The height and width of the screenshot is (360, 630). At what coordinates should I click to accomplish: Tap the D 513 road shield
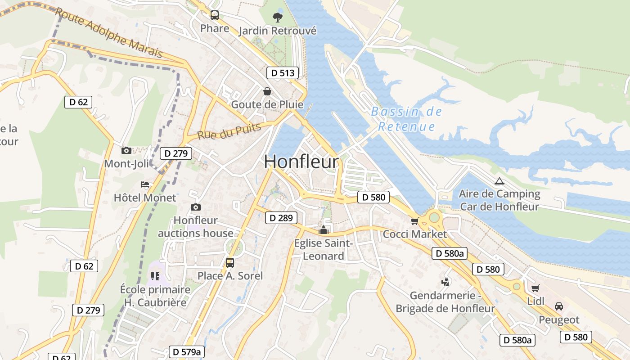pos(283,73)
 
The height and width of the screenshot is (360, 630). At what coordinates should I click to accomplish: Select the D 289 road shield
pos(281,218)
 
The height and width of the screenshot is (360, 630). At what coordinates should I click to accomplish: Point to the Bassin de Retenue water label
pos(406,119)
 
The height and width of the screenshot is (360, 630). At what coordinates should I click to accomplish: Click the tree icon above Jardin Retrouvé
pos(278,18)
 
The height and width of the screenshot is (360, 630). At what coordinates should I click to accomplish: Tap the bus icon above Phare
pos(215,15)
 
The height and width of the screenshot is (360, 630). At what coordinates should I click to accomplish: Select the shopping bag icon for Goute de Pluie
pos(267,91)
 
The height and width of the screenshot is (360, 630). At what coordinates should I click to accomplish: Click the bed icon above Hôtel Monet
pos(145,184)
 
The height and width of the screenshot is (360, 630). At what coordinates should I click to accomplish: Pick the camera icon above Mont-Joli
pos(126,150)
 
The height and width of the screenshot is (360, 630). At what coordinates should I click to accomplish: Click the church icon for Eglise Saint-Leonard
pos(323,230)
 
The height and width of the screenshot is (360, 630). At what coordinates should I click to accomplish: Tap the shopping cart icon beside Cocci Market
pos(414,221)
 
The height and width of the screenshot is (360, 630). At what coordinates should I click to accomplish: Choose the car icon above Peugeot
pos(559,306)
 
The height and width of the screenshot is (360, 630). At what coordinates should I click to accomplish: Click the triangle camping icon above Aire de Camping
pos(499,181)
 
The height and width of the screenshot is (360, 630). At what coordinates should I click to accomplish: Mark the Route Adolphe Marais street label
pos(108,33)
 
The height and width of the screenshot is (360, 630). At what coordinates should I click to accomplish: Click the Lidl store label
pos(535,301)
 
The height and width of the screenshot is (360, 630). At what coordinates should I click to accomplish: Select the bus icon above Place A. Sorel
pos(230,263)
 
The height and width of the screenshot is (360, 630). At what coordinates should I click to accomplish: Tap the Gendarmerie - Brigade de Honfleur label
pos(445,302)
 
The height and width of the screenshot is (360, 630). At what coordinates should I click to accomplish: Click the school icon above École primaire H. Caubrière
pos(155,276)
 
